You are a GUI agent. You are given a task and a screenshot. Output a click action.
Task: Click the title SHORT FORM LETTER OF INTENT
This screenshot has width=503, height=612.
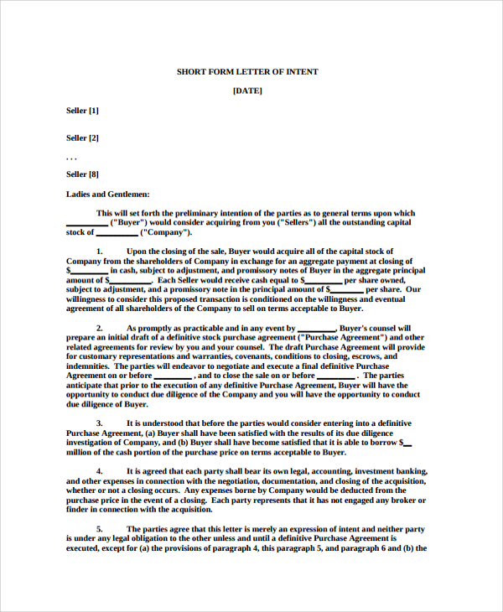coord(247,72)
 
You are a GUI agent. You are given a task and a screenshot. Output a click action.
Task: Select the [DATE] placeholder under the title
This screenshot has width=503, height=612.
coord(247,91)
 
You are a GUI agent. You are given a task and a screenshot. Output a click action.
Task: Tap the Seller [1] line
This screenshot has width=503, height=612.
coord(82,110)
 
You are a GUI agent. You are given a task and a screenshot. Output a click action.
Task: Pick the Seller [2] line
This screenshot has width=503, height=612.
coord(82,137)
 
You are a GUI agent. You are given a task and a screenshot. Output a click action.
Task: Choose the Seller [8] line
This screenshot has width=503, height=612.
coord(82,174)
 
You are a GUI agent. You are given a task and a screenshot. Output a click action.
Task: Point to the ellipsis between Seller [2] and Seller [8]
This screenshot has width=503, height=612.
coord(71,157)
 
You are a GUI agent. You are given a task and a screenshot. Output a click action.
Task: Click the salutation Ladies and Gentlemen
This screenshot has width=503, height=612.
coord(107,194)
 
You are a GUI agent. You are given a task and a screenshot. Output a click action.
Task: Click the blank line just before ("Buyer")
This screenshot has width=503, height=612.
coord(86,223)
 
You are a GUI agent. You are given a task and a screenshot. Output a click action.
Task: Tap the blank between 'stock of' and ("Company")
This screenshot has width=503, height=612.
coord(117,233)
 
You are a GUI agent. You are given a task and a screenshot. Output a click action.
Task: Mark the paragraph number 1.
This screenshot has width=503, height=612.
coord(99,252)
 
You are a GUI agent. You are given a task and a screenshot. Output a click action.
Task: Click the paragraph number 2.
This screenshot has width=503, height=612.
coord(99,328)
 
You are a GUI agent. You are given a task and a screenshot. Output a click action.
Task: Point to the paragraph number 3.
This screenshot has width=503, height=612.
coord(99,423)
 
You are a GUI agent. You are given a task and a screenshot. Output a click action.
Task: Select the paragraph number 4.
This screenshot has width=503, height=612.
coord(99,471)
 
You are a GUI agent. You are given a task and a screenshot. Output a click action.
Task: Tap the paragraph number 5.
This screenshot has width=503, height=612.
coord(99,529)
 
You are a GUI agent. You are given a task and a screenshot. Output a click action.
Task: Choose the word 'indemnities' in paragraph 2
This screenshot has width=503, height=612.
coord(87,366)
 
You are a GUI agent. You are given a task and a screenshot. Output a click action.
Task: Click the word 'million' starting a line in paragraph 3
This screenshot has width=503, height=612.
coord(80,452)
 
